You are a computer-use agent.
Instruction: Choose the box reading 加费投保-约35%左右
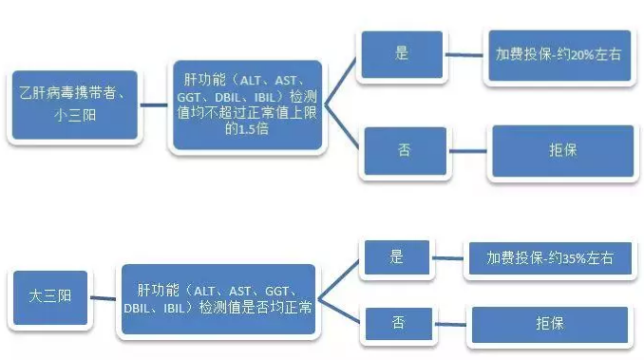tap(545, 256)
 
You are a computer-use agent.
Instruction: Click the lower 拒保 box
tap(549, 324)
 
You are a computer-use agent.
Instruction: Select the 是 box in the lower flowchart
tap(396, 256)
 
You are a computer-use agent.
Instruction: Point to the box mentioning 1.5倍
tap(245, 104)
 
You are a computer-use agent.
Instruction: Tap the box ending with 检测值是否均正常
tap(217, 299)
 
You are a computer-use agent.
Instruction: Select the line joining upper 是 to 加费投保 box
tap(463, 54)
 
